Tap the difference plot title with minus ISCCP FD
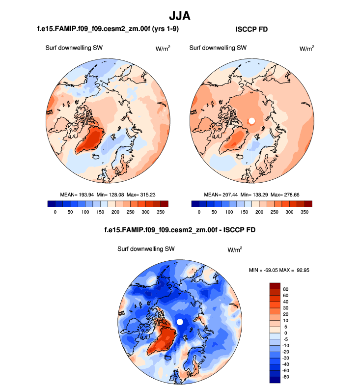180,229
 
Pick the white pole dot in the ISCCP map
251,120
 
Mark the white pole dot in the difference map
180,322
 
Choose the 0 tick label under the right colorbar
198,212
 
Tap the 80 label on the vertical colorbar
286,289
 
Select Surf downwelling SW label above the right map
218,48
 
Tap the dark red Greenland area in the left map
91,139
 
